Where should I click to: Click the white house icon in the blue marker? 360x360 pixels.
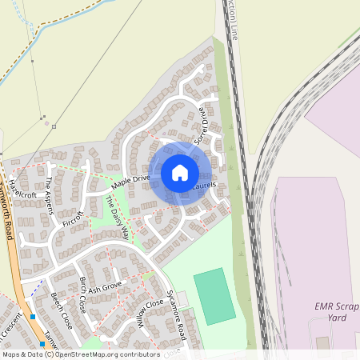click(x=180, y=173)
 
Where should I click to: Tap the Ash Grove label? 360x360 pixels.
click(x=105, y=286)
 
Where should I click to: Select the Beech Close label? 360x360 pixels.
click(x=61, y=311)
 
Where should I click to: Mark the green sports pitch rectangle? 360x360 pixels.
click(x=214, y=295)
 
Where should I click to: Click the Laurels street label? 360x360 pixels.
click(x=206, y=186)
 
